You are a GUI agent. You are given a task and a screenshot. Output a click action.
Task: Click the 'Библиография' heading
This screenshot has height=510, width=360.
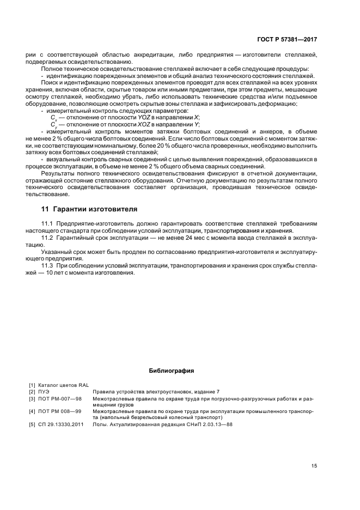click(172, 371)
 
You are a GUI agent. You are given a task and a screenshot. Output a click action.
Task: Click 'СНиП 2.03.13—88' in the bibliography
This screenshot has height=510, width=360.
click(209, 424)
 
